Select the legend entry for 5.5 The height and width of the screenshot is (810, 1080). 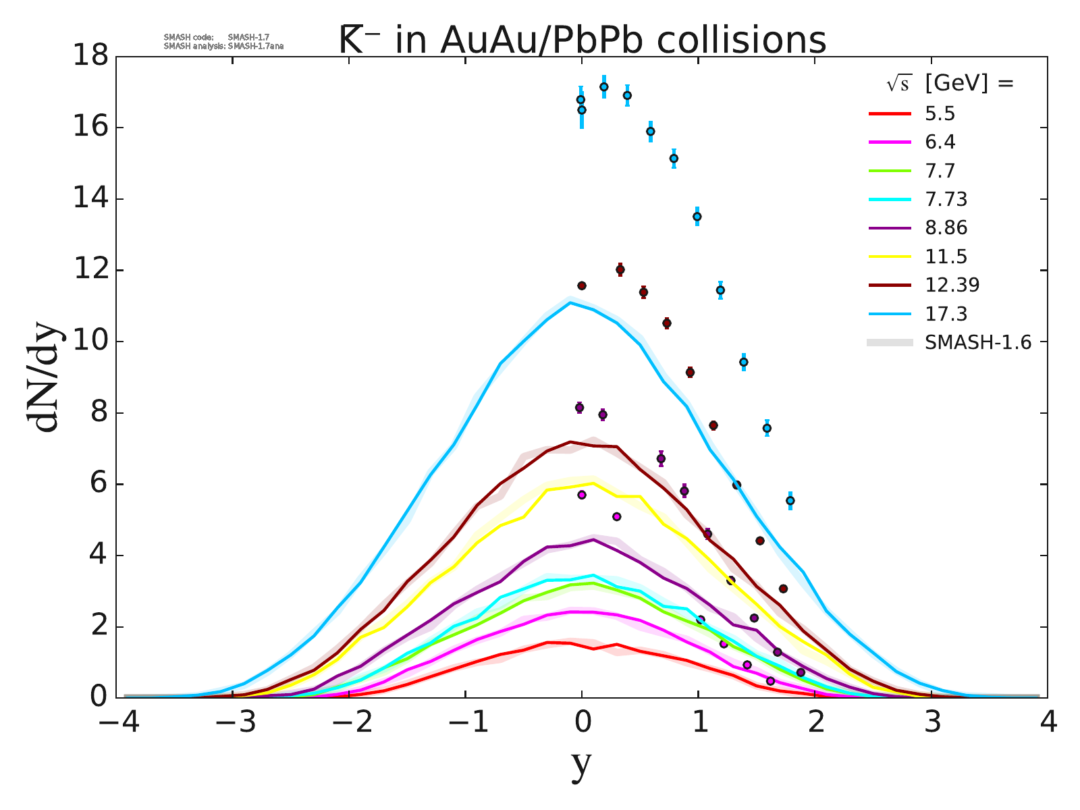coord(940,113)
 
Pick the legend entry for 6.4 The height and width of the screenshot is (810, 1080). coord(940,142)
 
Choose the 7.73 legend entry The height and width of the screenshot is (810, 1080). coord(946,199)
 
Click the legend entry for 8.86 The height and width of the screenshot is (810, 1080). coord(946,227)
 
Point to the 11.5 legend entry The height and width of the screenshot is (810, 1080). coord(946,256)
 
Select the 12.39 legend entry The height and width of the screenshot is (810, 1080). coord(952,285)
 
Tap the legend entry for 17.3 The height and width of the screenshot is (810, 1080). coord(946,314)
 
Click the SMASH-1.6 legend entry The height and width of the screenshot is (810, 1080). coord(977,342)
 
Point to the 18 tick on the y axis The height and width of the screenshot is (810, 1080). coord(92,56)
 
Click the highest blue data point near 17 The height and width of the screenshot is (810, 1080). coord(603,86)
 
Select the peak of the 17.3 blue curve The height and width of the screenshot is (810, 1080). coord(570,302)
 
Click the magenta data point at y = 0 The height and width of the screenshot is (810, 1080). coord(582,495)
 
